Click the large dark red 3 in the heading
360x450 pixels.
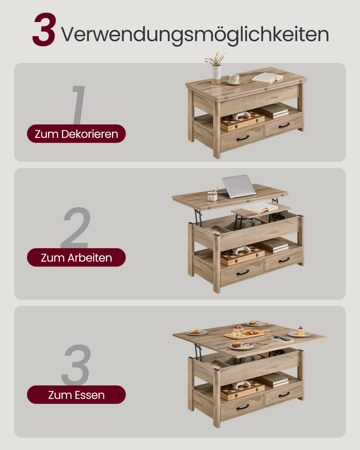click(44, 29)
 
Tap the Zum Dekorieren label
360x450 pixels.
click(76, 134)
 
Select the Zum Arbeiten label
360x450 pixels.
click(76, 257)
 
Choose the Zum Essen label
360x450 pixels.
click(76, 395)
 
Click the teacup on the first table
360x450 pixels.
click(234, 79)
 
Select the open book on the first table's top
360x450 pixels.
click(267, 78)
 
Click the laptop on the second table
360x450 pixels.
click(238, 187)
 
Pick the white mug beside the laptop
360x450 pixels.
click(212, 196)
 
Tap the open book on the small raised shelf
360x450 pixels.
click(260, 208)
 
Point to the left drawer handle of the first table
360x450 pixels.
click(243, 138)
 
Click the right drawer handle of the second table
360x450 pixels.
click(284, 260)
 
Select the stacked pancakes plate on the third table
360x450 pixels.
click(300, 332)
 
